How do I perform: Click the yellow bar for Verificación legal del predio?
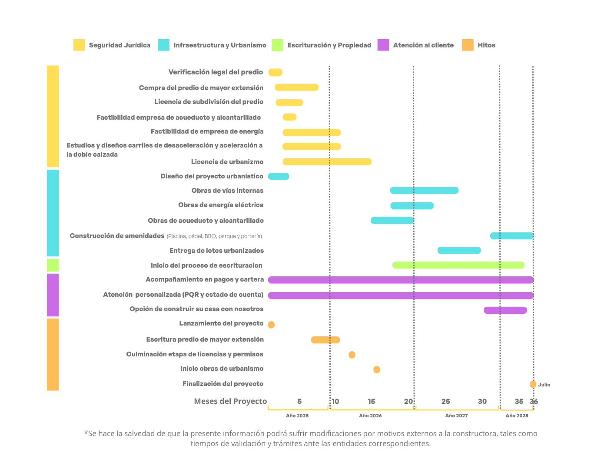point(275,72)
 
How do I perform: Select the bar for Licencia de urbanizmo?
point(327,161)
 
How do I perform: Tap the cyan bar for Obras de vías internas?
point(424,190)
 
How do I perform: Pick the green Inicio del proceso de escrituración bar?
point(458,265)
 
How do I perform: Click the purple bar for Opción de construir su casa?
point(505,310)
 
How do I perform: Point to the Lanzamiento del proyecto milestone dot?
point(271,325)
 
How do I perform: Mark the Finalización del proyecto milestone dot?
point(533,384)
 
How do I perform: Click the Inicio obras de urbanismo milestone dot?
point(376,369)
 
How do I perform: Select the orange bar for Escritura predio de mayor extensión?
point(325,340)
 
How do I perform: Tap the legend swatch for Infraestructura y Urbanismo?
point(164,45)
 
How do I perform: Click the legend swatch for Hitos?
point(467,45)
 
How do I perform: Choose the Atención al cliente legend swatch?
point(383,45)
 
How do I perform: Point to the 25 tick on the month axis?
point(445,401)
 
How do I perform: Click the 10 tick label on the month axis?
point(335,401)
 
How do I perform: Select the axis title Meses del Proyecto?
point(230,401)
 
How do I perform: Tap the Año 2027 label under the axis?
point(456,416)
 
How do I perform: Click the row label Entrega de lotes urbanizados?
point(216,251)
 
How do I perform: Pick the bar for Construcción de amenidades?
point(511,236)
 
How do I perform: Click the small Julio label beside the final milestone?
point(544,385)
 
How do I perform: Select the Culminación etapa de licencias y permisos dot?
point(352,355)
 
